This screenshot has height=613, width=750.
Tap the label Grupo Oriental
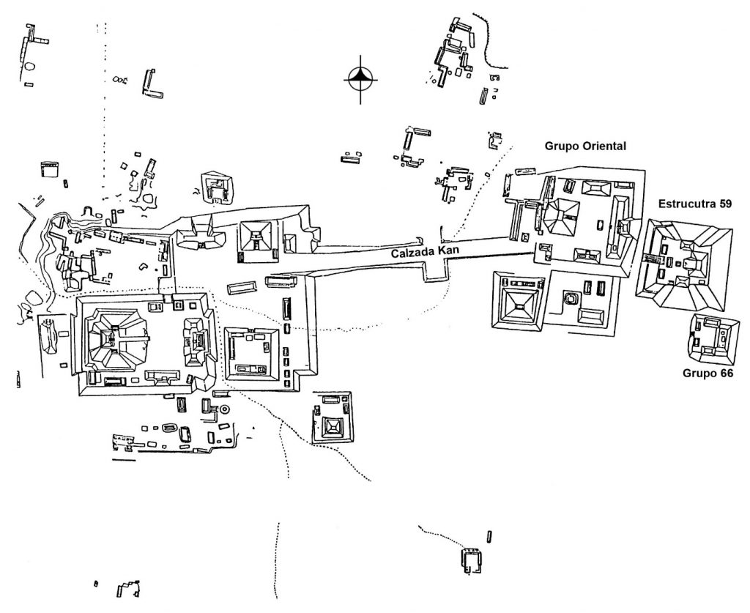coord(584,146)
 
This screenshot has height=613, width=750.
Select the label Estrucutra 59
coord(694,204)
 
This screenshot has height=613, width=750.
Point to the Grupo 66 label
coord(708,374)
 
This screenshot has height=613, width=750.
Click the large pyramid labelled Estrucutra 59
coord(684,261)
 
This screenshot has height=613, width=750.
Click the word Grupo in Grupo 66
coord(698,374)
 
